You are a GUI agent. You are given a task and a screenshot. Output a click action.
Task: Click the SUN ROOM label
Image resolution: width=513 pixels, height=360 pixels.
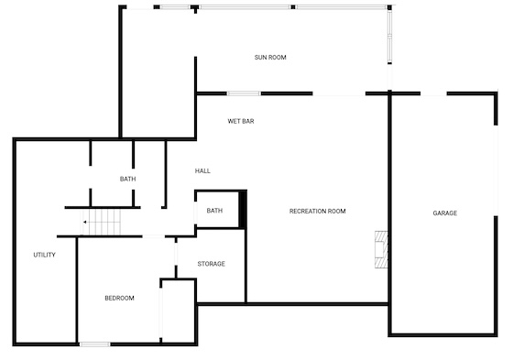(x=270, y=58)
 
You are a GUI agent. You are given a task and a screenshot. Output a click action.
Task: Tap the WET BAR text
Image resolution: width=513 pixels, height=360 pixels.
(x=241, y=121)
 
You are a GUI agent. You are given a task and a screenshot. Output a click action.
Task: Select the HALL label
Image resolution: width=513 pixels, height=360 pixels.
(x=202, y=170)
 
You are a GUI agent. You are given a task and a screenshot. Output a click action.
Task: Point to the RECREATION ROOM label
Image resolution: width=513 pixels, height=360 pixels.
(x=317, y=212)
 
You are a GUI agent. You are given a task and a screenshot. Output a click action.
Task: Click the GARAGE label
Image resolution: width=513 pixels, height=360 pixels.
(x=444, y=213)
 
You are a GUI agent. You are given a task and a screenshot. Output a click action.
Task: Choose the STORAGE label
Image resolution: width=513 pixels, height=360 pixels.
(x=211, y=264)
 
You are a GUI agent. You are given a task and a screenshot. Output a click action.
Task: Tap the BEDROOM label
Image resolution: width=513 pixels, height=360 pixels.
(x=119, y=298)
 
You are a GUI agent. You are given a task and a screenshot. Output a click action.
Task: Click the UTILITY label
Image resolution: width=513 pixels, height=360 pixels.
(x=45, y=255)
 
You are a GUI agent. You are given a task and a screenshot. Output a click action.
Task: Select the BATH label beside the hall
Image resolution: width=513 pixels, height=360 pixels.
(x=127, y=179)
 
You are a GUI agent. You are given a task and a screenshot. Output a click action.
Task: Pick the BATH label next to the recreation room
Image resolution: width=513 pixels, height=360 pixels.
(x=214, y=211)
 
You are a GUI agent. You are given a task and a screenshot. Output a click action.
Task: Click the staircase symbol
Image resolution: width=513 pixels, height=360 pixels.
(x=101, y=223)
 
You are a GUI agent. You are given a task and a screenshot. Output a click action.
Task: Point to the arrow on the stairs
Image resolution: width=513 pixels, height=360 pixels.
(x=84, y=222)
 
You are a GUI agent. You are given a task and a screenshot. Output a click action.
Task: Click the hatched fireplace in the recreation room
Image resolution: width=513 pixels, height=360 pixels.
(x=381, y=250)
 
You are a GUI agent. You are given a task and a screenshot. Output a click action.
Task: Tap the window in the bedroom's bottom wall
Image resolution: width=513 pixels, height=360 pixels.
(x=95, y=344)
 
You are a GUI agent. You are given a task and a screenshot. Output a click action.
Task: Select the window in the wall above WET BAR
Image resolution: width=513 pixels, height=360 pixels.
(x=244, y=93)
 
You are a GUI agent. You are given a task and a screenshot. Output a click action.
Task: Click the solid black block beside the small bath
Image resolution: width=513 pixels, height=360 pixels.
(x=243, y=210)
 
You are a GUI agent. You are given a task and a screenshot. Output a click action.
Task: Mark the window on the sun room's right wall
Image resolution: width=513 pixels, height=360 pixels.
(x=389, y=37)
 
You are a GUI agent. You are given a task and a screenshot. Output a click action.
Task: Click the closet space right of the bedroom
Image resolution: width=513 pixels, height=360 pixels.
(x=179, y=311)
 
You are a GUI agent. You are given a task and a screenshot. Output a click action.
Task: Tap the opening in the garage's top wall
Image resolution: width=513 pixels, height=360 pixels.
(x=433, y=94)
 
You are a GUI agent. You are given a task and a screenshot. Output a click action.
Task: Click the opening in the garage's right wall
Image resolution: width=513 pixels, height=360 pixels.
(x=496, y=170)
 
